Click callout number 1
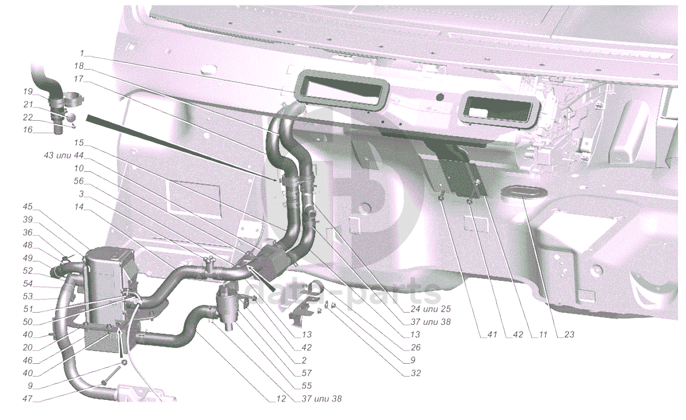pyautogui.click(x=82, y=53)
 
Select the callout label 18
pyautogui.click(x=79, y=66)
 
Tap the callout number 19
pyautogui.click(x=28, y=91)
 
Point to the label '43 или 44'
pyautogui.click(x=64, y=155)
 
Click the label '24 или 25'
pyautogui.click(x=431, y=309)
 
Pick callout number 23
pyautogui.click(x=569, y=334)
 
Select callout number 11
pyautogui.click(x=543, y=334)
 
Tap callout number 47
pyautogui.click(x=28, y=398)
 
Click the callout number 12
pyautogui.click(x=281, y=398)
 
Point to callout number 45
pyautogui.click(x=28, y=206)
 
